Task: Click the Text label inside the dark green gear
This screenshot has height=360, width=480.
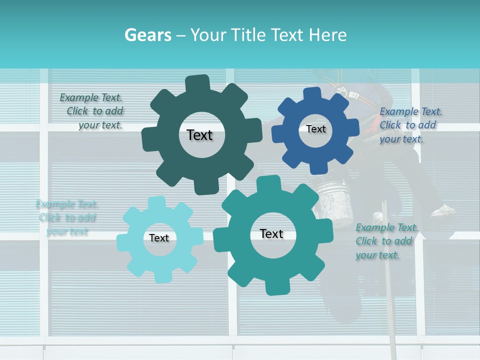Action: click(x=199, y=135)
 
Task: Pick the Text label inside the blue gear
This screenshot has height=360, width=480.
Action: click(x=315, y=129)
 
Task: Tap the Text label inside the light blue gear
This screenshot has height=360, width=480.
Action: click(x=159, y=238)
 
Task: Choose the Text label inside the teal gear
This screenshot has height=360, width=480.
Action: click(x=271, y=234)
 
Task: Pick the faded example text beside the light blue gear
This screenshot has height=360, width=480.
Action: click(x=66, y=217)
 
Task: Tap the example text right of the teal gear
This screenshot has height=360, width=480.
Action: click(x=385, y=241)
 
